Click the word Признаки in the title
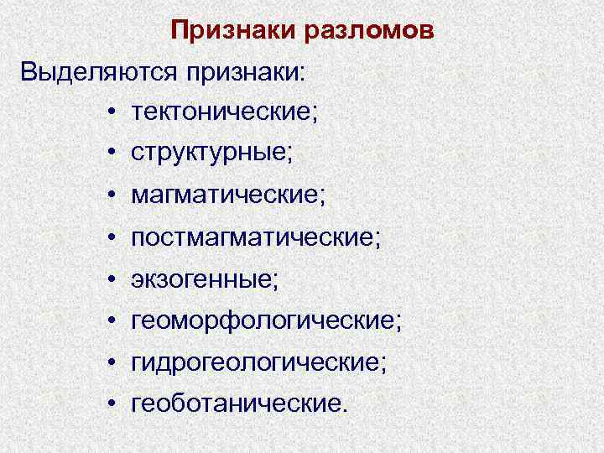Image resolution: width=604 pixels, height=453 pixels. tap(222, 31)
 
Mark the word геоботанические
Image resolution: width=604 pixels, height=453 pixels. tap(238, 404)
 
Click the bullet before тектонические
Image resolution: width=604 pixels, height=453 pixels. tap(111, 112)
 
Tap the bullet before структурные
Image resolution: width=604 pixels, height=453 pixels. tap(111, 154)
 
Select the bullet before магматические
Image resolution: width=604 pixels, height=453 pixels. tap(111, 196)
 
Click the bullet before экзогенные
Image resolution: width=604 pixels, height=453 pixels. tap(111, 280)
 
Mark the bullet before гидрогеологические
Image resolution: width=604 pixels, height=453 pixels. tap(111, 363)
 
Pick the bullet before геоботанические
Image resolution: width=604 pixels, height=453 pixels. tap(111, 404)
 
